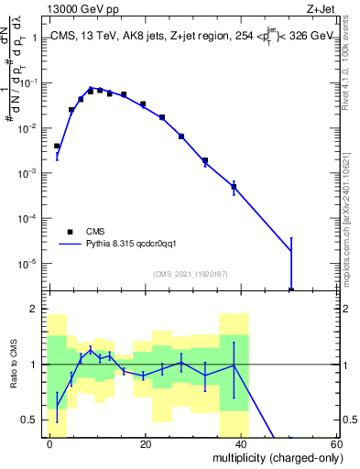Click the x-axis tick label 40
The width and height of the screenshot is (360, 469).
point(242,442)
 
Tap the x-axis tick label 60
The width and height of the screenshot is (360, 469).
point(337,442)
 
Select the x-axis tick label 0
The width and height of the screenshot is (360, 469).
point(50,442)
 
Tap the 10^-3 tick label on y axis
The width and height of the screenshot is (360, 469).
point(27,173)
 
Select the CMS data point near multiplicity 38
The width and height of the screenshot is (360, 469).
point(235,187)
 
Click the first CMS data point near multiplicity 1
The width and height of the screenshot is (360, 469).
point(57,146)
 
